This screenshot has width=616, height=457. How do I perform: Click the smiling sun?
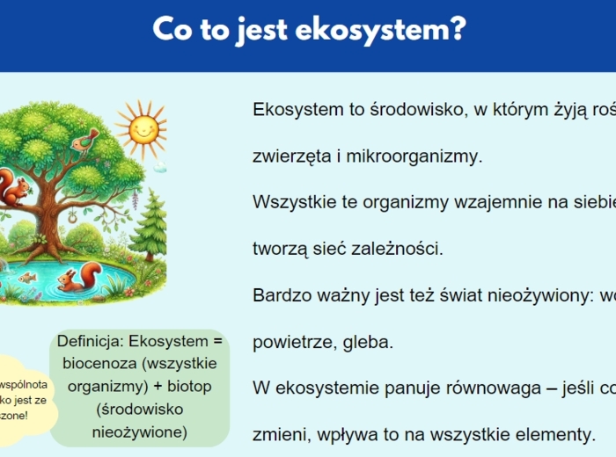point(143,127)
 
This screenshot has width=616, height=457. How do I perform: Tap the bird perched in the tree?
point(86,140)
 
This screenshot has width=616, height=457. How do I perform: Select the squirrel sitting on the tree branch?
point(12,188)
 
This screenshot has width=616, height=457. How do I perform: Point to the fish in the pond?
point(27,277)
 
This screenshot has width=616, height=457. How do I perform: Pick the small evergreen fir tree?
point(150,224)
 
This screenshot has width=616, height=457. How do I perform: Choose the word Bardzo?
point(280,294)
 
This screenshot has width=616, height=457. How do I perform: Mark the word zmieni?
point(278,433)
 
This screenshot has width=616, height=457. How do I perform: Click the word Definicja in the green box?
point(90,341)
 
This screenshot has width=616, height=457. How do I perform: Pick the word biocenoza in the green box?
point(98,363)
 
